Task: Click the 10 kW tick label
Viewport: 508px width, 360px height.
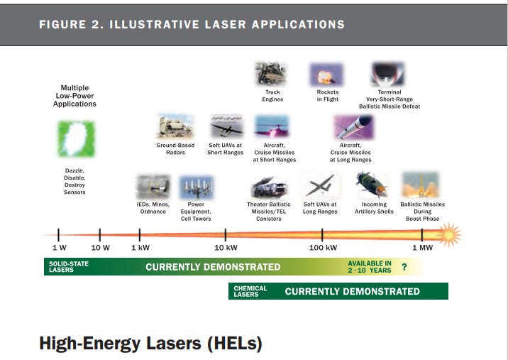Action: coord(226,247)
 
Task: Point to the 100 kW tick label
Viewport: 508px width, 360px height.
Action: coord(323,247)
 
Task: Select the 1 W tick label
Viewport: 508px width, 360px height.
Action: coord(59,247)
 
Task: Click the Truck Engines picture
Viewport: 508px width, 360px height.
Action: coord(272,74)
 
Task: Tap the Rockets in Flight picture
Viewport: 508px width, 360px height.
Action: coord(326,74)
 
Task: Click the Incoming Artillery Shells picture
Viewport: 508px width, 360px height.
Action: coord(372,186)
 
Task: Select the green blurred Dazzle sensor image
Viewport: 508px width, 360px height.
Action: coord(76,138)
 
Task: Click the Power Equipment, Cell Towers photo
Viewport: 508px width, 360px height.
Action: coord(196,187)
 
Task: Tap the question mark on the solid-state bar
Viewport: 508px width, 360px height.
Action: coord(404,267)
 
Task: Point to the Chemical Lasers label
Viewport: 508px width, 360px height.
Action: coord(250,291)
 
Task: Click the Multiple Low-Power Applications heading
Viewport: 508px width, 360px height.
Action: coord(74,96)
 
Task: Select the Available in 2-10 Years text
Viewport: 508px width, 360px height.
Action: coord(369,267)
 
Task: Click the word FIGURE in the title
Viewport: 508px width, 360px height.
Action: coord(62,24)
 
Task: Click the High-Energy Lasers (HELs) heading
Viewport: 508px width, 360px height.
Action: coord(150,344)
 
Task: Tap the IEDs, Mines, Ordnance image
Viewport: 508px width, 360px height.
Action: coord(153,187)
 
